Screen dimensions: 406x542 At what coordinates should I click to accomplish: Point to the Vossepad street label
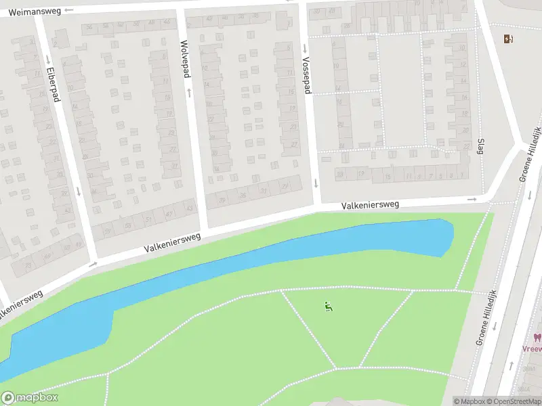(x=306, y=74)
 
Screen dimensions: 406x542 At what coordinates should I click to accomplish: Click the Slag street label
(x=480, y=145)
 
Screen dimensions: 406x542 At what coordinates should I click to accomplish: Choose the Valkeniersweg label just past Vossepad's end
(x=370, y=204)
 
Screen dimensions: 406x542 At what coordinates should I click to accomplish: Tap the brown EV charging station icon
(x=508, y=39)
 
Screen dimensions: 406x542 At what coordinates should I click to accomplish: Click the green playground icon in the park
(x=329, y=307)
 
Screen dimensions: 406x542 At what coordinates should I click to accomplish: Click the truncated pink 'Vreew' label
(x=533, y=349)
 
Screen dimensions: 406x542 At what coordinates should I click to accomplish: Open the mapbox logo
(x=30, y=398)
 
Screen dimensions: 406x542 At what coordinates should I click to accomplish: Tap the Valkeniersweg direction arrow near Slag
(x=472, y=199)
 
